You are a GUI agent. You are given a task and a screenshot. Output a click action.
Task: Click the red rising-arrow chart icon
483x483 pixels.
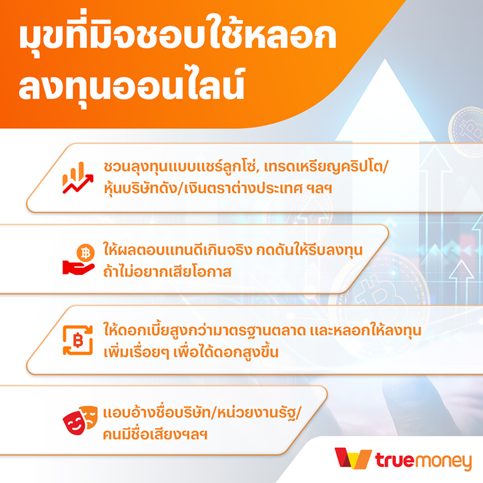(x=78, y=178)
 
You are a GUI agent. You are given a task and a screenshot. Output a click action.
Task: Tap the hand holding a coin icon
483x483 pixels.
(x=79, y=260)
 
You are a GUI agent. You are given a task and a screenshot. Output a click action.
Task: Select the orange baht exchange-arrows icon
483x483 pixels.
(x=78, y=341)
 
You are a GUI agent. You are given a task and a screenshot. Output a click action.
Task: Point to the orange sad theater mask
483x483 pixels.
(x=90, y=417)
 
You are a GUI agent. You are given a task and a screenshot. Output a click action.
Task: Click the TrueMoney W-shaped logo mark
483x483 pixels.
(x=353, y=458)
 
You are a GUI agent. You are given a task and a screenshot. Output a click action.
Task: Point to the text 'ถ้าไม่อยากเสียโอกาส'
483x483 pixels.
(x=167, y=271)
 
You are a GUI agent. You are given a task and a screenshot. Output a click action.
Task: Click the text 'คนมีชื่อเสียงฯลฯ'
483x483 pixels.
(x=155, y=434)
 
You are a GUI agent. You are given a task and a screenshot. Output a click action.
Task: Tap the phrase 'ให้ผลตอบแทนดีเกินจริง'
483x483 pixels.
(x=178, y=249)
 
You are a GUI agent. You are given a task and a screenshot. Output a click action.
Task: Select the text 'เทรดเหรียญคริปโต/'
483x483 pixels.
(x=327, y=167)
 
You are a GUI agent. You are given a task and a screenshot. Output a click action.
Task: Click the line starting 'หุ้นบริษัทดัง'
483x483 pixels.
(x=218, y=188)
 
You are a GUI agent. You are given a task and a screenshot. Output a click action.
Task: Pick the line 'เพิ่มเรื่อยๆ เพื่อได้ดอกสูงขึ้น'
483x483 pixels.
(x=191, y=352)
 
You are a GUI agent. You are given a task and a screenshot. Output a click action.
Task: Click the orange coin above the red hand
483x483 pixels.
(x=85, y=253)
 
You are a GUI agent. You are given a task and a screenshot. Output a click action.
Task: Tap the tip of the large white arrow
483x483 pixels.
(x=384, y=59)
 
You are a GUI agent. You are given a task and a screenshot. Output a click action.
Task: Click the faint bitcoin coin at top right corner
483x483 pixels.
(x=467, y=131)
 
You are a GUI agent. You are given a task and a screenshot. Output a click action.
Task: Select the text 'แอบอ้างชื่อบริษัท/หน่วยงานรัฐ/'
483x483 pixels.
(x=202, y=413)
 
